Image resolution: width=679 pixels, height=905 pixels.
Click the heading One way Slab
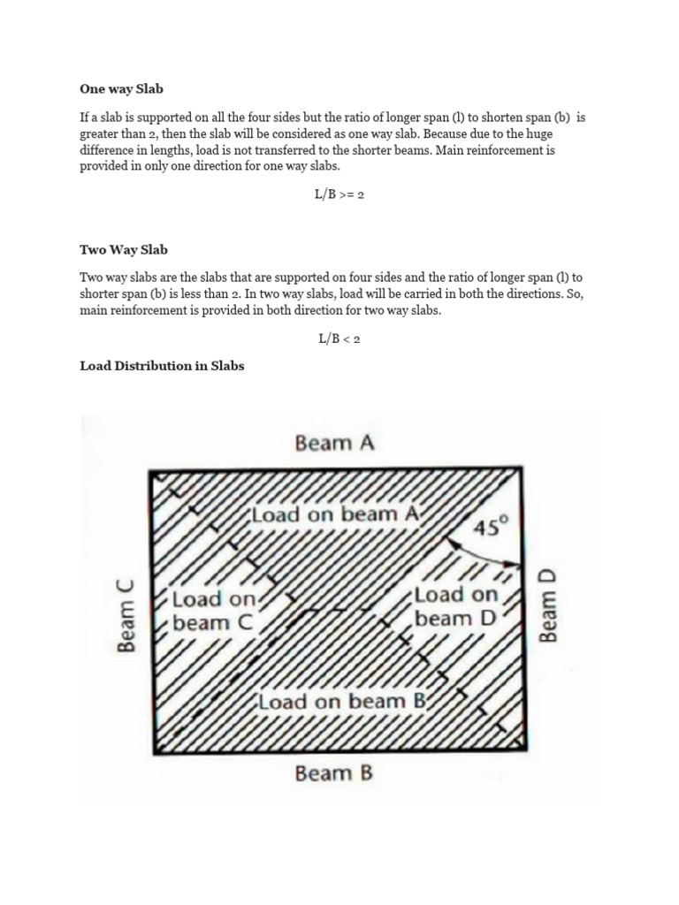point(121,89)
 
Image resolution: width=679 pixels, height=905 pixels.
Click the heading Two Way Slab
point(124,250)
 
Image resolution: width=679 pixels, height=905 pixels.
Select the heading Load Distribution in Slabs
point(162,366)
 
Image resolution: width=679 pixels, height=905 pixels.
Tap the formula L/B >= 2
point(339,194)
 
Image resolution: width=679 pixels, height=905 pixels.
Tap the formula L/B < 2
point(339,339)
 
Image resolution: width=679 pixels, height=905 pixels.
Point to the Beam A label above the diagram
point(334,443)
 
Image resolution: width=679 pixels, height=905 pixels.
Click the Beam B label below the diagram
point(334,774)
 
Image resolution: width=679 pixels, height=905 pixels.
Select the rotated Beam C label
point(127,615)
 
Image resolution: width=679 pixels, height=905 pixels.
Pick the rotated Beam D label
point(549,606)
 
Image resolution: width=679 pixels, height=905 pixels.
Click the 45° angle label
point(492,528)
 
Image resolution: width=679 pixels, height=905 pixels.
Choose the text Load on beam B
point(344,702)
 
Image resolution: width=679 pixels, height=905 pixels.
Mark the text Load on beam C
point(213,611)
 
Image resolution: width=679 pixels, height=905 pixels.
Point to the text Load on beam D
point(456,606)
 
